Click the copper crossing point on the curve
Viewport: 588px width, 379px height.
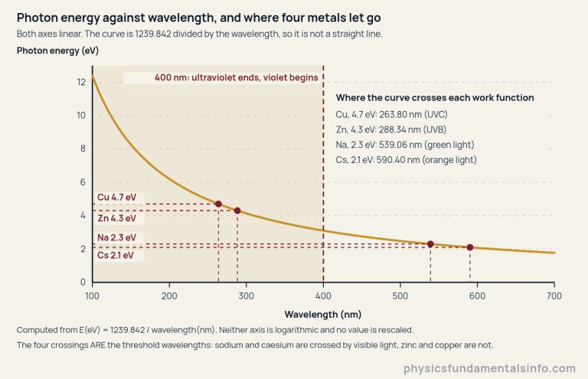click(x=218, y=204)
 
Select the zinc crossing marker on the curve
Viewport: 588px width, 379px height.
click(x=237, y=211)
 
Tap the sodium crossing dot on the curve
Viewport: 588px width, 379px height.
click(x=430, y=244)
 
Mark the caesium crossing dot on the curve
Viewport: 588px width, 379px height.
click(x=470, y=247)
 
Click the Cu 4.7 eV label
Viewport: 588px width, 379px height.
click(x=116, y=198)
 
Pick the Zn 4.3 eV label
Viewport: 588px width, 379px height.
click(x=116, y=218)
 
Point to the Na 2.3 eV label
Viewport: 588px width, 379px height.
click(x=116, y=237)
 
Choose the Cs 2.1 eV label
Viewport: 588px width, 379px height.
click(x=116, y=255)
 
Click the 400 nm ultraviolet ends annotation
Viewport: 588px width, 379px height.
click(x=237, y=77)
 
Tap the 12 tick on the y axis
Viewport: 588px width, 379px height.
click(x=81, y=82)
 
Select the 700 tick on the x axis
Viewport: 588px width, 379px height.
click(x=554, y=296)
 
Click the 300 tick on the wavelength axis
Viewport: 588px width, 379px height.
click(x=247, y=296)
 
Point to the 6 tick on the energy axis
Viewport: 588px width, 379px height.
click(x=83, y=182)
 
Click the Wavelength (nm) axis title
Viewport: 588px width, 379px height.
click(x=323, y=315)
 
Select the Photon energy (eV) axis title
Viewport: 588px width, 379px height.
click(x=57, y=51)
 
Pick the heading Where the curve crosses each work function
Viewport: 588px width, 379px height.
click(x=435, y=98)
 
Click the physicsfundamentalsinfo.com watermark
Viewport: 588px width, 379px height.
click(x=490, y=368)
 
